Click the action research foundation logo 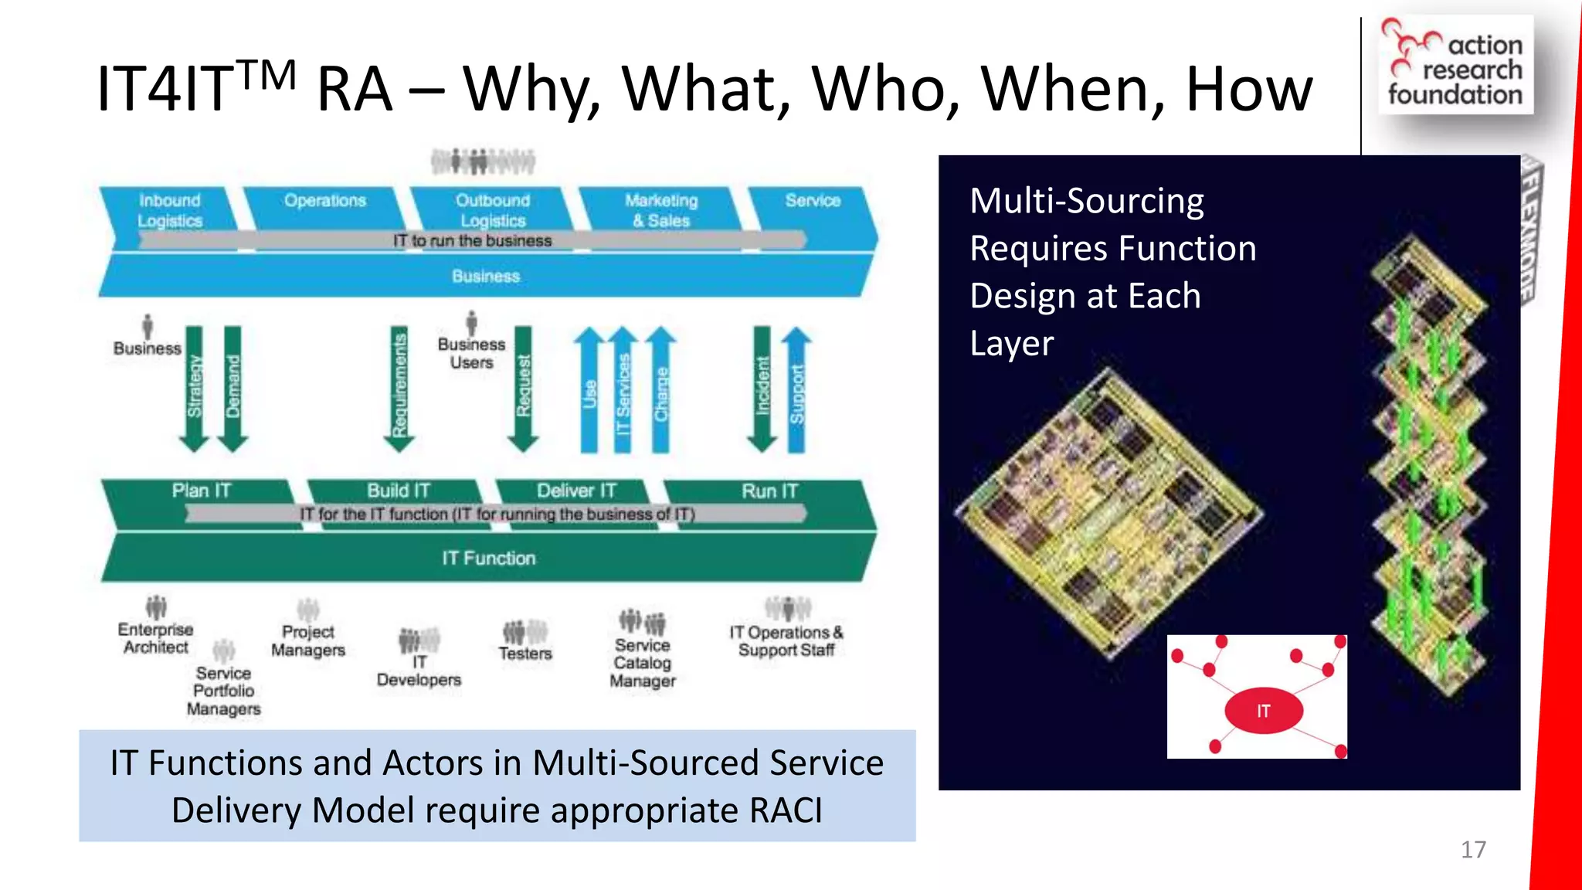(1455, 65)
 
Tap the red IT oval (1264, 711)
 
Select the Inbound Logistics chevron (170, 211)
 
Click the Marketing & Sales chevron (661, 211)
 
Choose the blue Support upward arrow (796, 390)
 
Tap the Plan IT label (201, 491)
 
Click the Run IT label (769, 491)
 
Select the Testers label (525, 654)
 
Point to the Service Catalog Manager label (643, 663)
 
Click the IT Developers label (419, 671)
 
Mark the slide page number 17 (1473, 850)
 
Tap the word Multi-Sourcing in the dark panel (1086, 202)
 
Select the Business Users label (471, 353)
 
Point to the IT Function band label (488, 559)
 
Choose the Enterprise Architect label (156, 638)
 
